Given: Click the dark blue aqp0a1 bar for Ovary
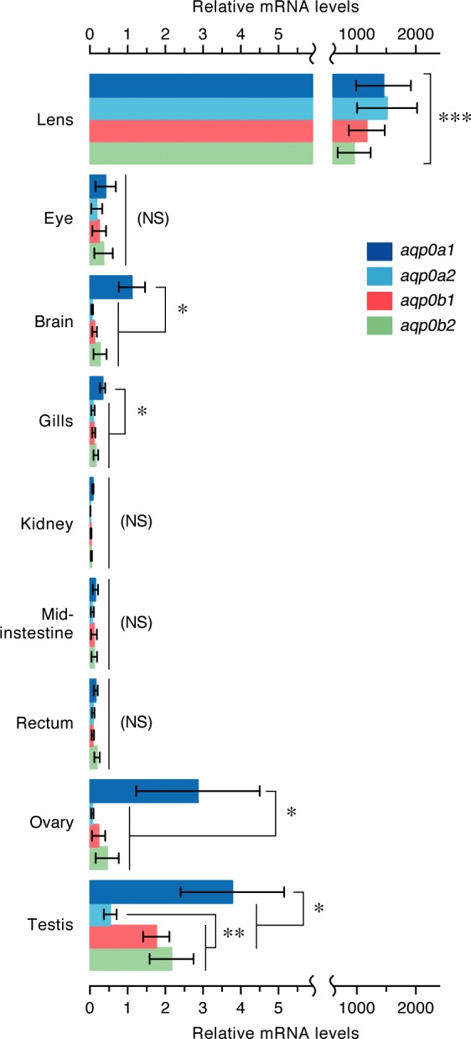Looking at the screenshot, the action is pos(144,791).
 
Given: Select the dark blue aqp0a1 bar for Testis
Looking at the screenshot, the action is pos(161,891).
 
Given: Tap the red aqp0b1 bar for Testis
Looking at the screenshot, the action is pos(123,937).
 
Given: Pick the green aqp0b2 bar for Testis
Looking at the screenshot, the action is pos(131,959).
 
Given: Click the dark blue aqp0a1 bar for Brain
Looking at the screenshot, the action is pos(111,287).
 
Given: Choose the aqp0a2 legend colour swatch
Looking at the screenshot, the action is pos(379,276).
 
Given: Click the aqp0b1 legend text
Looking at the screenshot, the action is pos(427,300).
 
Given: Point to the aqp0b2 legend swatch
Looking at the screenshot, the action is pos(379,325).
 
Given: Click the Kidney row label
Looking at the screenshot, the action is pos(47,524).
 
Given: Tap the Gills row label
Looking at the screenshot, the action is pos(55,421).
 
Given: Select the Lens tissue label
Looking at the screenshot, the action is pos(55,120).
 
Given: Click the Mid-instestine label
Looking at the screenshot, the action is pos(37,623).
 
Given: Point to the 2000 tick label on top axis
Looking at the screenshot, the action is pos(416,34).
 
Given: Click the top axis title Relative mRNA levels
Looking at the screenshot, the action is pos(276,7).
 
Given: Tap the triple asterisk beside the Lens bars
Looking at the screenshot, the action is pos(455,118).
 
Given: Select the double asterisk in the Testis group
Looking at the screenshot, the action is pos(234,933).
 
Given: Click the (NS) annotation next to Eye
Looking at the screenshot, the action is pos(153,218).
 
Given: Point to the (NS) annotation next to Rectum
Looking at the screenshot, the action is pos(137,722).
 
